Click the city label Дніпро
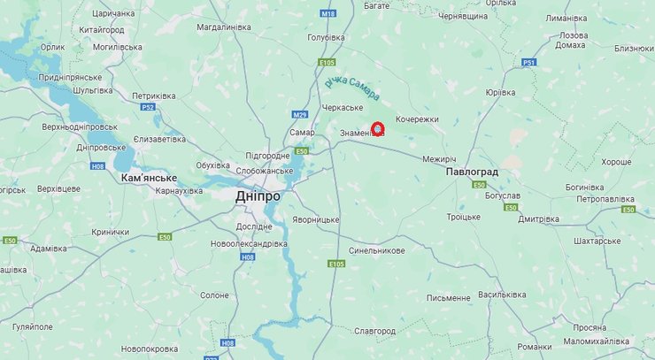pyautogui.click(x=258, y=196)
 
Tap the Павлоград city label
pyautogui.click(x=472, y=171)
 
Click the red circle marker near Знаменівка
pyautogui.click(x=378, y=129)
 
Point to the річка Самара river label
pyautogui.click(x=351, y=89)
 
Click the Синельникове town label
pyautogui.click(x=377, y=250)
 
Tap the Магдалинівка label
pyautogui.click(x=224, y=27)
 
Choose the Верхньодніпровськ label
pyautogui.click(x=79, y=126)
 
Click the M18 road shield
pyautogui.click(x=329, y=14)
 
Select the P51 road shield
pyautogui.click(x=529, y=62)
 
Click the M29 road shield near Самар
pyautogui.click(x=300, y=115)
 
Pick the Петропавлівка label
pyautogui.click(x=605, y=199)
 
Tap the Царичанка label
pyautogui.click(x=113, y=13)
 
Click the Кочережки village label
pyautogui.click(x=417, y=119)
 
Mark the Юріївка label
pyautogui.click(x=500, y=92)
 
